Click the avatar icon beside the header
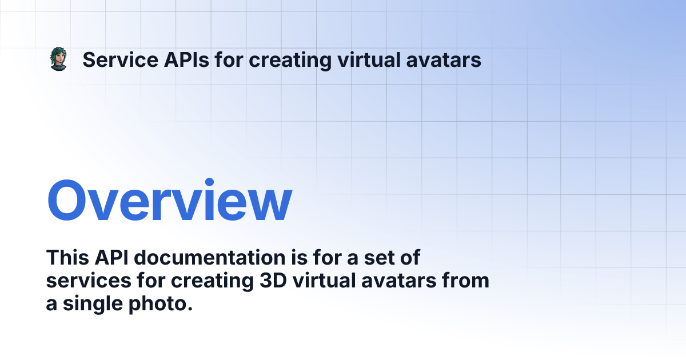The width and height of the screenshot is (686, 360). point(58,59)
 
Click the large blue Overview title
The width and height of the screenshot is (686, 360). point(169,202)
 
